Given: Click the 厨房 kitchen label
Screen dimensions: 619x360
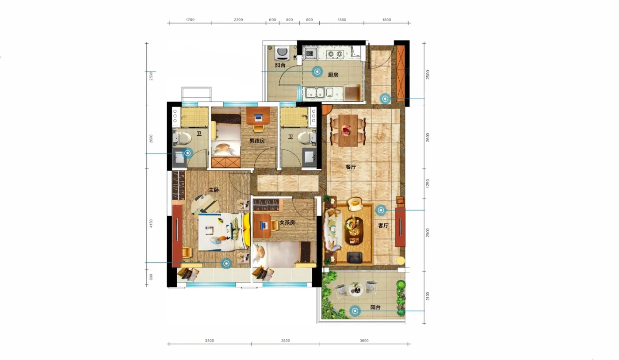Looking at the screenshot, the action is [333, 75].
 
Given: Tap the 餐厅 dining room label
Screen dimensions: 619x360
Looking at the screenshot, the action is [351, 167].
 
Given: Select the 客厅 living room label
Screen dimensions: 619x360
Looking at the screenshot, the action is [383, 226].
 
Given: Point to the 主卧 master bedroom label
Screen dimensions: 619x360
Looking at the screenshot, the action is [214, 190].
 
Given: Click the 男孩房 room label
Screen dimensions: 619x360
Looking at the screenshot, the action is [257, 141].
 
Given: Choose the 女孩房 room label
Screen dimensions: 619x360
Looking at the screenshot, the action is [287, 222].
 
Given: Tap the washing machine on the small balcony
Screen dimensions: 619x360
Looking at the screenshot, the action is [282, 54].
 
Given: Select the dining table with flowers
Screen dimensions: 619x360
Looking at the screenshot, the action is [348, 130].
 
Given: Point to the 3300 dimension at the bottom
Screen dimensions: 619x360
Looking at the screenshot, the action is [210, 341].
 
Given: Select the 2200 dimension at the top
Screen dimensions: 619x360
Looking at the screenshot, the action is [238, 19].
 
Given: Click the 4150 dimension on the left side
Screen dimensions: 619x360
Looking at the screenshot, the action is [151, 223].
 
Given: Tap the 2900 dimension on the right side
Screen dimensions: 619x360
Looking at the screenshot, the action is [428, 233].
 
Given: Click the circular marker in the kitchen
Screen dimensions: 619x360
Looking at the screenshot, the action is [317, 72].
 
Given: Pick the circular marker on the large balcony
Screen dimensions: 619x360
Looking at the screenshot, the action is [355, 311].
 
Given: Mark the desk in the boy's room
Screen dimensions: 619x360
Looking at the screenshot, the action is [258, 116].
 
